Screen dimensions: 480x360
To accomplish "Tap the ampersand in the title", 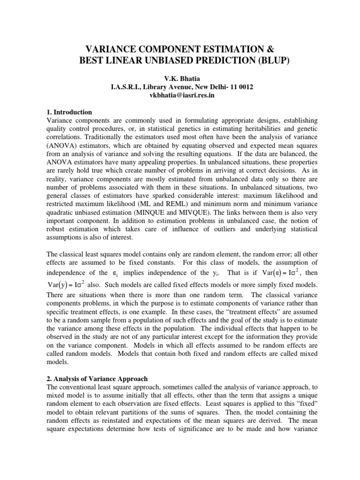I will point(269,49).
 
